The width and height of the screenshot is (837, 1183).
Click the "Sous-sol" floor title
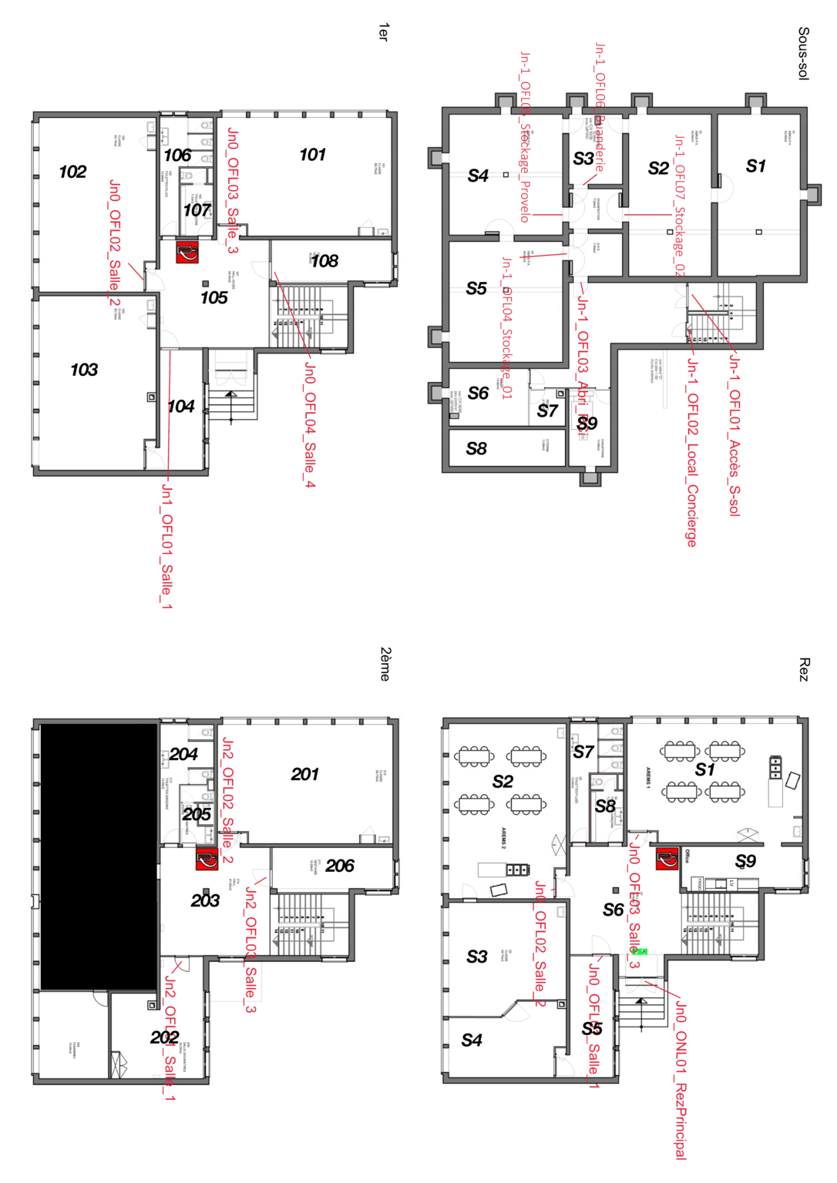pos(803,53)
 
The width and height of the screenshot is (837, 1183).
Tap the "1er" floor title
pos(383,32)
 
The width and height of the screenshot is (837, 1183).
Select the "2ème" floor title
pos(385,664)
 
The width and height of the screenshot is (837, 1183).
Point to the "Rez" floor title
pos(803,669)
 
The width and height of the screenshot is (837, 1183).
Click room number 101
pos(312,155)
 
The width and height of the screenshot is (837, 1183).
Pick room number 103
pos(84,370)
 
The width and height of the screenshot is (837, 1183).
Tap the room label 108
pos(324,261)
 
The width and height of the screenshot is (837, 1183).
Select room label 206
pos(339,866)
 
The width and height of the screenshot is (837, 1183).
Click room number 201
pos(304,774)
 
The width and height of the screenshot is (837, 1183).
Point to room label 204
pos(183,754)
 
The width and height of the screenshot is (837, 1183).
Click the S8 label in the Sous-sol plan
pos(476,448)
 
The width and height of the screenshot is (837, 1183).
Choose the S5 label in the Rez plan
pos(591,1029)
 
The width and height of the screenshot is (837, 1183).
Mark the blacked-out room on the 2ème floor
pos(99,856)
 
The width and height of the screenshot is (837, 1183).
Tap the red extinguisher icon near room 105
pos(187,252)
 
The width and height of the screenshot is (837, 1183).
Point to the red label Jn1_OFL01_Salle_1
pos(166,546)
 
